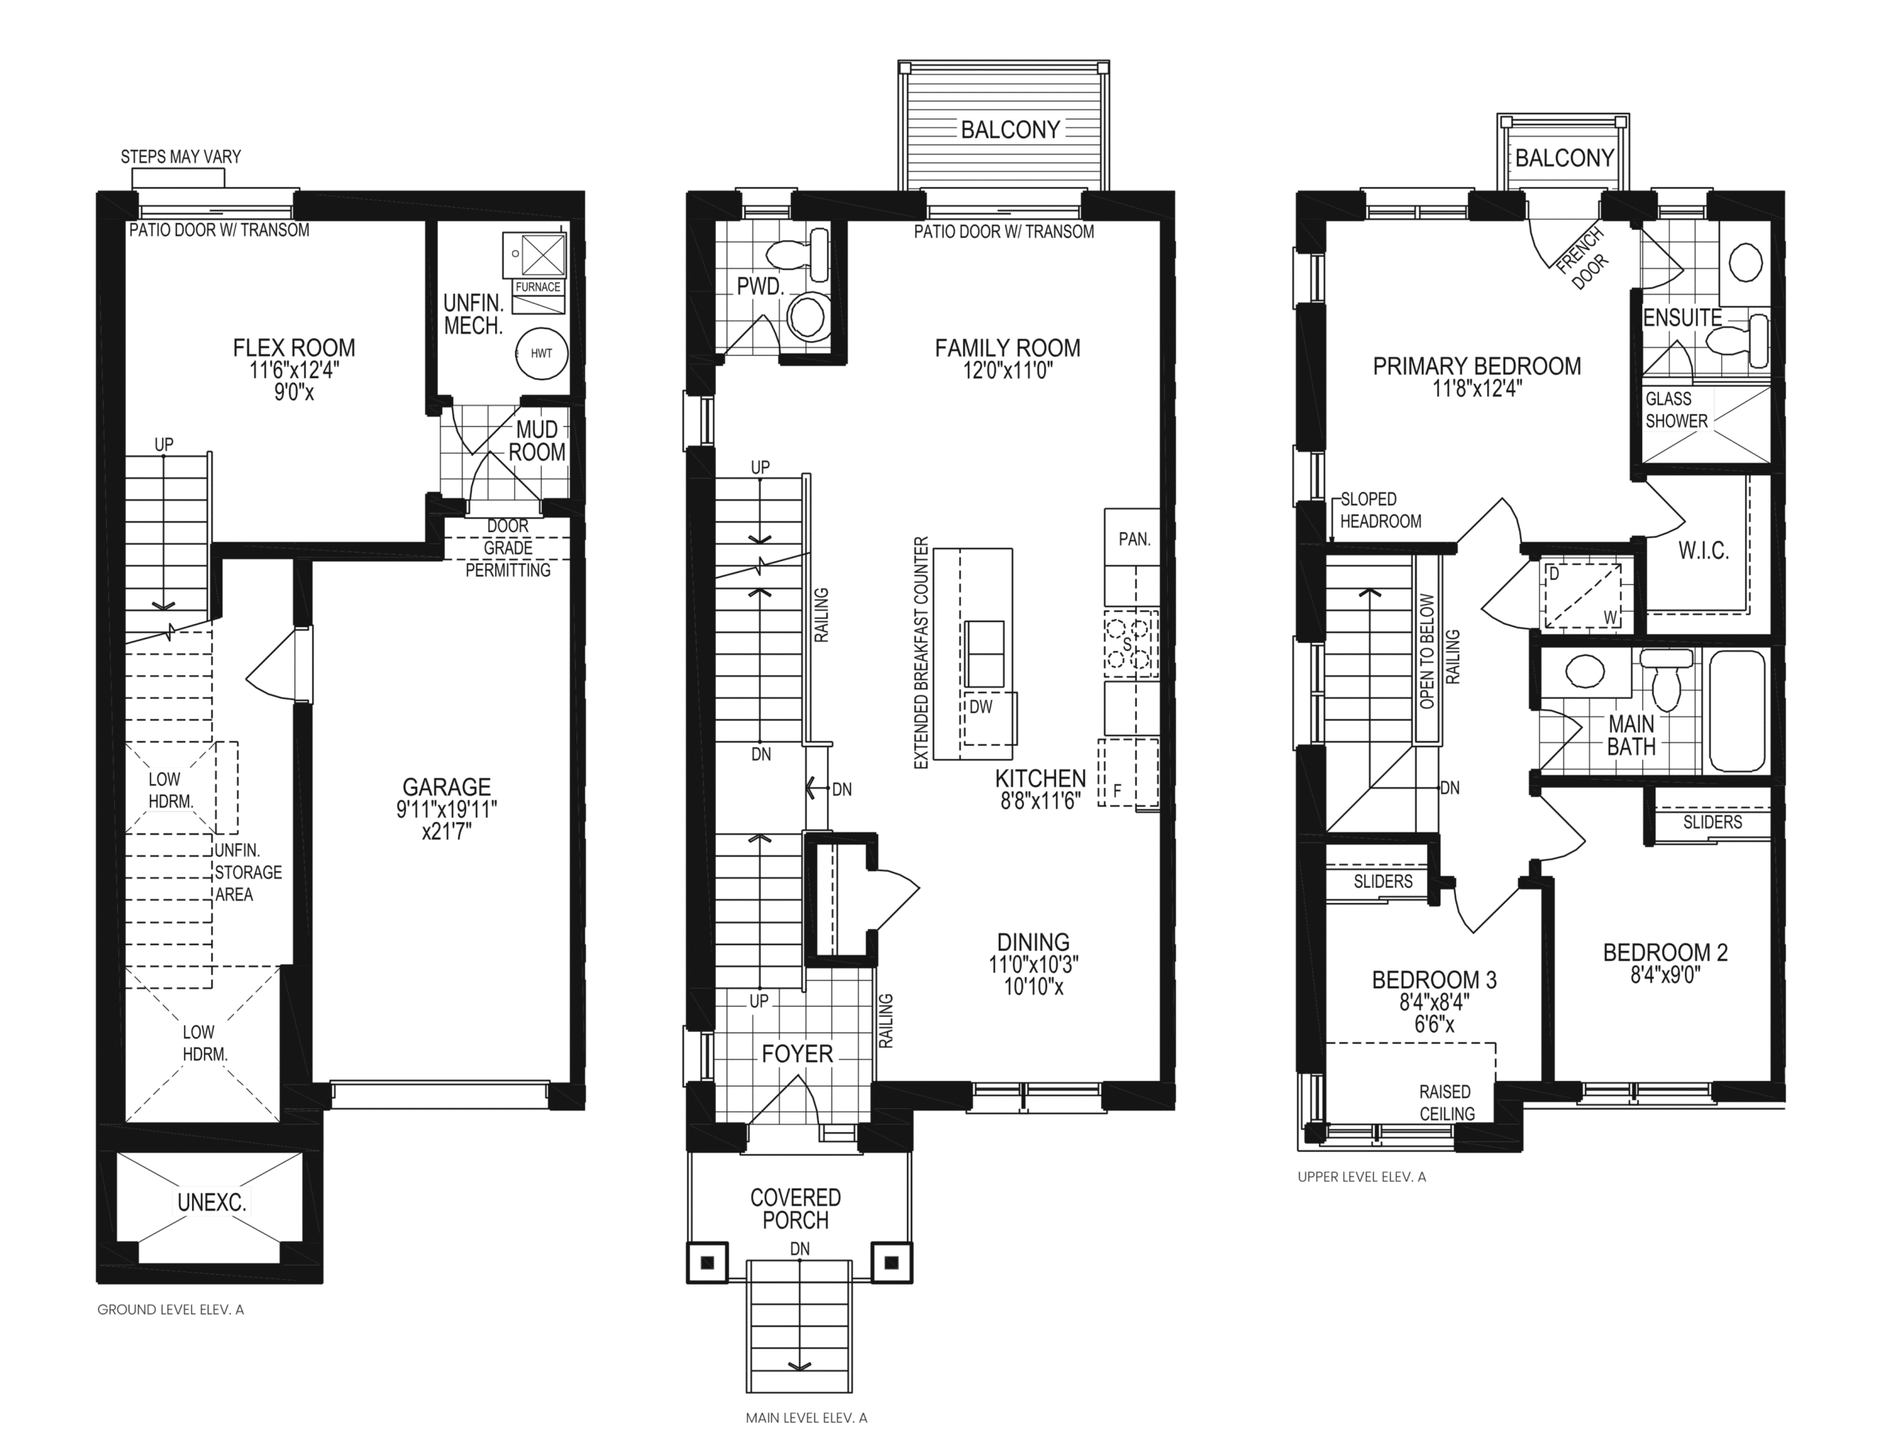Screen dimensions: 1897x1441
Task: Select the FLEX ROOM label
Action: tap(294, 348)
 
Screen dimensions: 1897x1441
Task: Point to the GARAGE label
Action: tap(447, 786)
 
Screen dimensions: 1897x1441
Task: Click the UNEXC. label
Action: tap(212, 1202)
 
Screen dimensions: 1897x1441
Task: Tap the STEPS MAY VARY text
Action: tap(181, 157)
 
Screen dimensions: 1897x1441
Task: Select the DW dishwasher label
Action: tap(981, 706)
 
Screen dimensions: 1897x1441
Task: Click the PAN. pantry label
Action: tap(1134, 540)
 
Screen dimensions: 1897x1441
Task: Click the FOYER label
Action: tap(797, 1054)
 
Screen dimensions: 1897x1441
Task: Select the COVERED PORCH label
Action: tap(796, 1208)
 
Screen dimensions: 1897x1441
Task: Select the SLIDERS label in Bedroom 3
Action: tap(1383, 881)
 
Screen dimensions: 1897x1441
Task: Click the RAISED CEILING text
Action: tap(1446, 1102)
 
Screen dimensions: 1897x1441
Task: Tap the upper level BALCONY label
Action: tap(1564, 158)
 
